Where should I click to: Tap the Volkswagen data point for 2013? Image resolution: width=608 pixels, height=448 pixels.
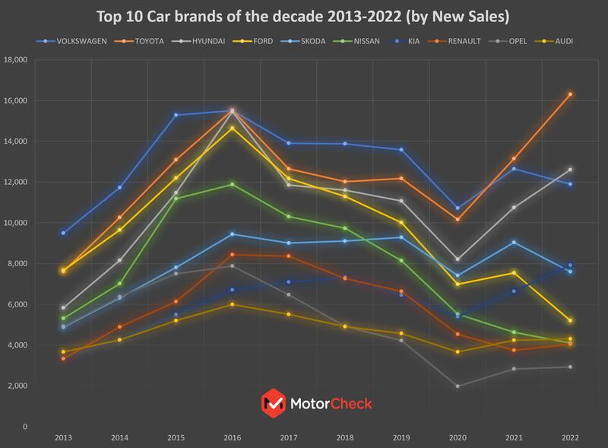(x=63, y=233)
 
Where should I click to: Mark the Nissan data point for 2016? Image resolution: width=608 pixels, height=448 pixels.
(x=232, y=184)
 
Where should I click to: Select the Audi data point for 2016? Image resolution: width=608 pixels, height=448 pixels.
(x=232, y=304)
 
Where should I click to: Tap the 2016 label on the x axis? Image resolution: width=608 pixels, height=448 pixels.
(x=232, y=438)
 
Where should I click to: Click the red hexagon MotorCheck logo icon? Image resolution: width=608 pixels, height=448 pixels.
(x=271, y=402)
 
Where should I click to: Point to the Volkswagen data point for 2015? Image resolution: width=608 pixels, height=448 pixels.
(x=176, y=115)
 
